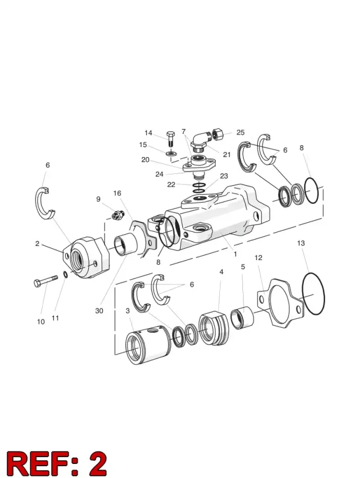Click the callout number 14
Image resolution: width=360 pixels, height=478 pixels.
[x=148, y=133]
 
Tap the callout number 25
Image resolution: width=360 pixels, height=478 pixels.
[x=241, y=132]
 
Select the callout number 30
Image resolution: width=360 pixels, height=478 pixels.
[x=100, y=311]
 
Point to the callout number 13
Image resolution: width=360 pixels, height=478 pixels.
[x=301, y=243]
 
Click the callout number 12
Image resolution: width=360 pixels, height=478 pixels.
[x=258, y=258]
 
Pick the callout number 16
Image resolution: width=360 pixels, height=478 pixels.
[x=117, y=193]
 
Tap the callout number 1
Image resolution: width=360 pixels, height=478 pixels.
[x=235, y=254]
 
